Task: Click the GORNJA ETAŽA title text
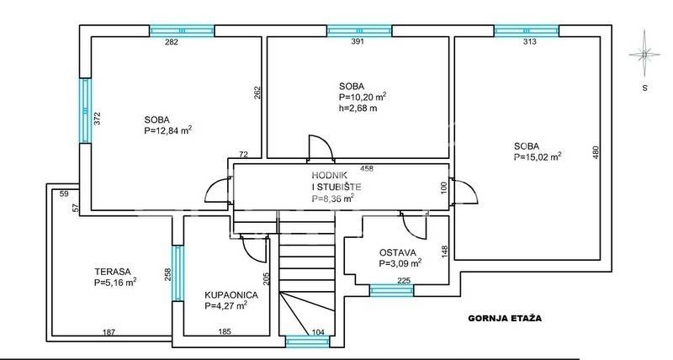(505, 319)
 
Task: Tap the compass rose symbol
(644, 55)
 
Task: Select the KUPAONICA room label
(231, 295)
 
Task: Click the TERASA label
(113, 272)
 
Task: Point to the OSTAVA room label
(397, 252)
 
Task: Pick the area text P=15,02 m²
(538, 156)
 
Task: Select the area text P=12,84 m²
(167, 130)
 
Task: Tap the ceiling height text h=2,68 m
(358, 109)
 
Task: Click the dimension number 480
(596, 153)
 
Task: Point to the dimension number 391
(358, 41)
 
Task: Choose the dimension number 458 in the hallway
(367, 168)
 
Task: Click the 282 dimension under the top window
(172, 41)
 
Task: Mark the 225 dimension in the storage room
(404, 281)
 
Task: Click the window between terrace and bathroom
(178, 273)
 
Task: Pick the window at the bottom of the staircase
(307, 341)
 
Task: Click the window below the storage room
(391, 290)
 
